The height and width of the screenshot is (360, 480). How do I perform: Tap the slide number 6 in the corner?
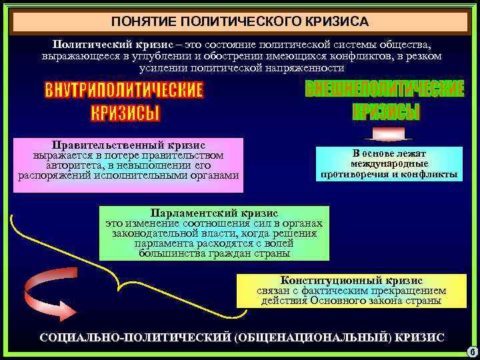pos(471,351)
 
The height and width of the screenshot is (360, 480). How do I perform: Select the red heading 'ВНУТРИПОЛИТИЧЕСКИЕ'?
pos(123,90)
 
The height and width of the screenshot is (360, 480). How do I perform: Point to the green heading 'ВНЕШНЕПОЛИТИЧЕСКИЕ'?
pos(385,89)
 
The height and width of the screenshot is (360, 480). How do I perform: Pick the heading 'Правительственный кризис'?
pos(129,144)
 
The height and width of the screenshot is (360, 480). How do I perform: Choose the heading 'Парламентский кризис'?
pos(214,213)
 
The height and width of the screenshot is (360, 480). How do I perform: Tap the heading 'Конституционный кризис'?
pos(351,281)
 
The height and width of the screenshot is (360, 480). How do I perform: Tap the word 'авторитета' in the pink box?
pos(71,165)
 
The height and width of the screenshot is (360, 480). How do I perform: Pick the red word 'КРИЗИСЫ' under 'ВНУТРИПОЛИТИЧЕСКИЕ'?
pos(125,113)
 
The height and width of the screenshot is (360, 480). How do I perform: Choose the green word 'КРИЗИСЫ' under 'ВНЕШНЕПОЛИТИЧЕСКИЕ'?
pos(386,111)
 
